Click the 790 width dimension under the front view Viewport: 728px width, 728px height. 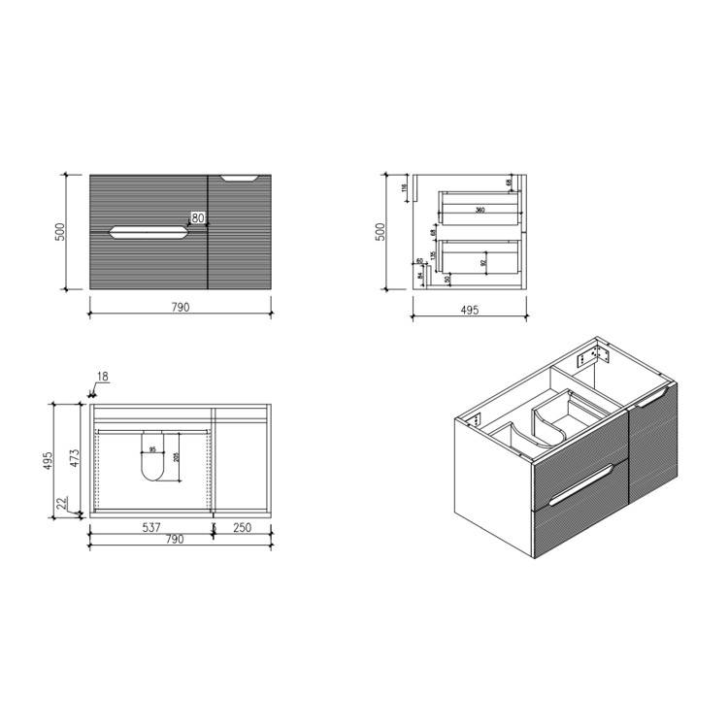pos(180,307)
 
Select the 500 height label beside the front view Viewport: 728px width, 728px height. pos(60,232)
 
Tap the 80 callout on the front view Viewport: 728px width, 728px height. pos(197,219)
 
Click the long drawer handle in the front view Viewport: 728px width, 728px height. pos(148,232)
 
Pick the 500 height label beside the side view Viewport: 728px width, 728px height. pos(381,232)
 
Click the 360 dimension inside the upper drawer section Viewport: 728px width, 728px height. pos(480,210)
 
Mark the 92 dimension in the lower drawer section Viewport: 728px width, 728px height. pos(482,262)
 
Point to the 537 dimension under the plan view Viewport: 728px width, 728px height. pos(149,528)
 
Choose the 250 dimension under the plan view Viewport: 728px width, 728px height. pos(242,528)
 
